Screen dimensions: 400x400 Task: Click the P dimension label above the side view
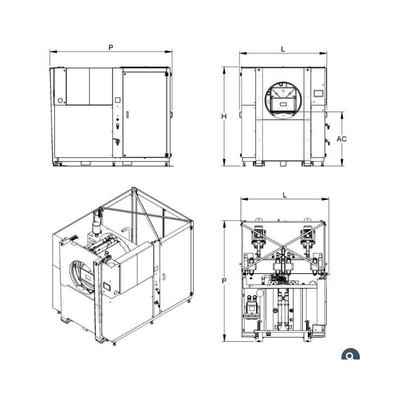point(110,47)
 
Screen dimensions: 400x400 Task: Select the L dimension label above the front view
point(283,49)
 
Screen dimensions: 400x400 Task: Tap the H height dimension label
point(223,116)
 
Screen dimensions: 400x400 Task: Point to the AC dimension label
point(341,139)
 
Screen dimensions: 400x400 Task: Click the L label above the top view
point(284,195)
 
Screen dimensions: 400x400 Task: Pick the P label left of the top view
point(224,281)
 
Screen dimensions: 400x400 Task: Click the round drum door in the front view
point(283,100)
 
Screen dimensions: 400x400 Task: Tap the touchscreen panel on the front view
point(318,93)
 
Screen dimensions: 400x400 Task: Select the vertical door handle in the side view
point(127,114)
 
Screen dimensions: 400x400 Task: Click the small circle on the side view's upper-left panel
point(60,100)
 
